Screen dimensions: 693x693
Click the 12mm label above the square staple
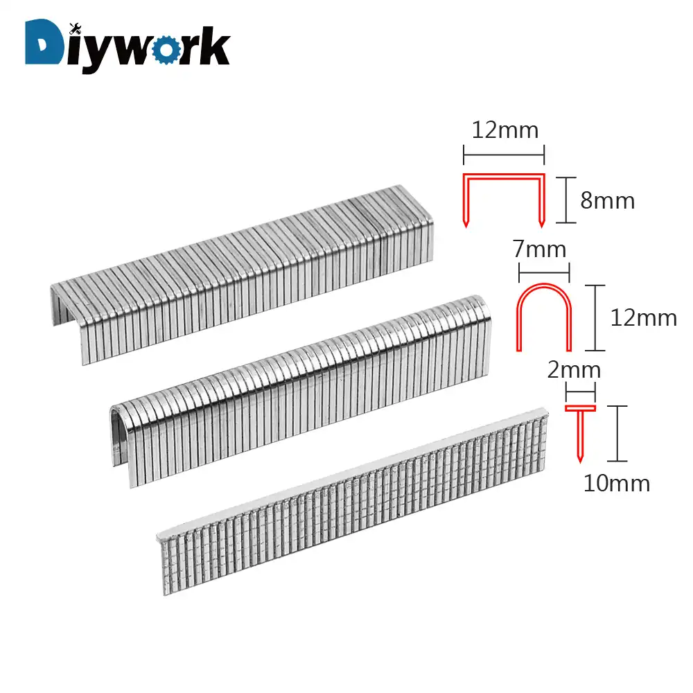pyautogui.click(x=504, y=130)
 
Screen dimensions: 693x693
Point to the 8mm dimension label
pyautogui.click(x=608, y=200)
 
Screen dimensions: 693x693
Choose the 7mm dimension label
pyautogui.click(x=541, y=249)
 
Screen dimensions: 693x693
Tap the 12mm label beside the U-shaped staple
pyautogui.click(x=643, y=317)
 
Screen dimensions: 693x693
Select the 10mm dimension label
pyautogui.click(x=617, y=483)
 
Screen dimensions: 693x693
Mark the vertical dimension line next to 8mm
pyautogui.click(x=567, y=200)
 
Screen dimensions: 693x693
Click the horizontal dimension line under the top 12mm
pyautogui.click(x=504, y=155)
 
